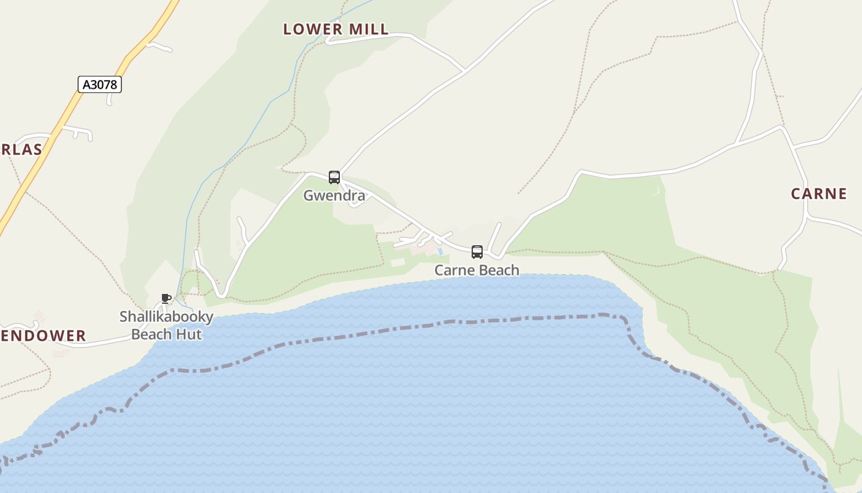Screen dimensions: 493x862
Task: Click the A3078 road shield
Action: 100,84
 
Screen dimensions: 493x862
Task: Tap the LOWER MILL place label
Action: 336,29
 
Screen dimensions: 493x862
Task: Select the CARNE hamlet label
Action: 819,194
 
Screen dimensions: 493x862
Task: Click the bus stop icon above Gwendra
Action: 334,177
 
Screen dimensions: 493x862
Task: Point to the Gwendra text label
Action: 334,196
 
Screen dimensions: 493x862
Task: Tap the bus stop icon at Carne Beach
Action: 477,251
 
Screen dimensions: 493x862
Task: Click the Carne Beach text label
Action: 477,270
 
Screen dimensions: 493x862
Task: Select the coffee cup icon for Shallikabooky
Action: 166,299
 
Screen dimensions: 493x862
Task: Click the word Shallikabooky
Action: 166,317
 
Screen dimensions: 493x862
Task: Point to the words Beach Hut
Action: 166,335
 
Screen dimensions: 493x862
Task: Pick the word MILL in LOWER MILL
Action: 369,29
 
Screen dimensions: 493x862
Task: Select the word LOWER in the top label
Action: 313,29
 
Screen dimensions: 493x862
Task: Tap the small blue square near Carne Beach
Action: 440,251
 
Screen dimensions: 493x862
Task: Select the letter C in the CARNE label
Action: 796,194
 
